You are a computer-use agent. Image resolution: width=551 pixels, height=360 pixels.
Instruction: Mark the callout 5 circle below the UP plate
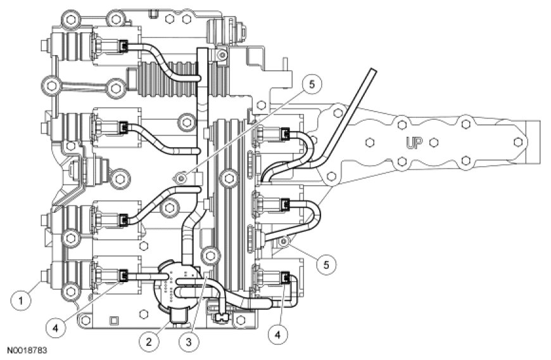(325, 264)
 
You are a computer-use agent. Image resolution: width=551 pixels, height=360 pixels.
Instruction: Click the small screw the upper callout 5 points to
(182, 180)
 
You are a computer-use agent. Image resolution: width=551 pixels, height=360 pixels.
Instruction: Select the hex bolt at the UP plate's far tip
(518, 141)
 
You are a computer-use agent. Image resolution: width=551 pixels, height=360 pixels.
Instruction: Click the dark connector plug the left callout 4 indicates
(124, 274)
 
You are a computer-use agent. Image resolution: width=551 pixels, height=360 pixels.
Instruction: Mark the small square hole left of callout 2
(112, 319)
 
